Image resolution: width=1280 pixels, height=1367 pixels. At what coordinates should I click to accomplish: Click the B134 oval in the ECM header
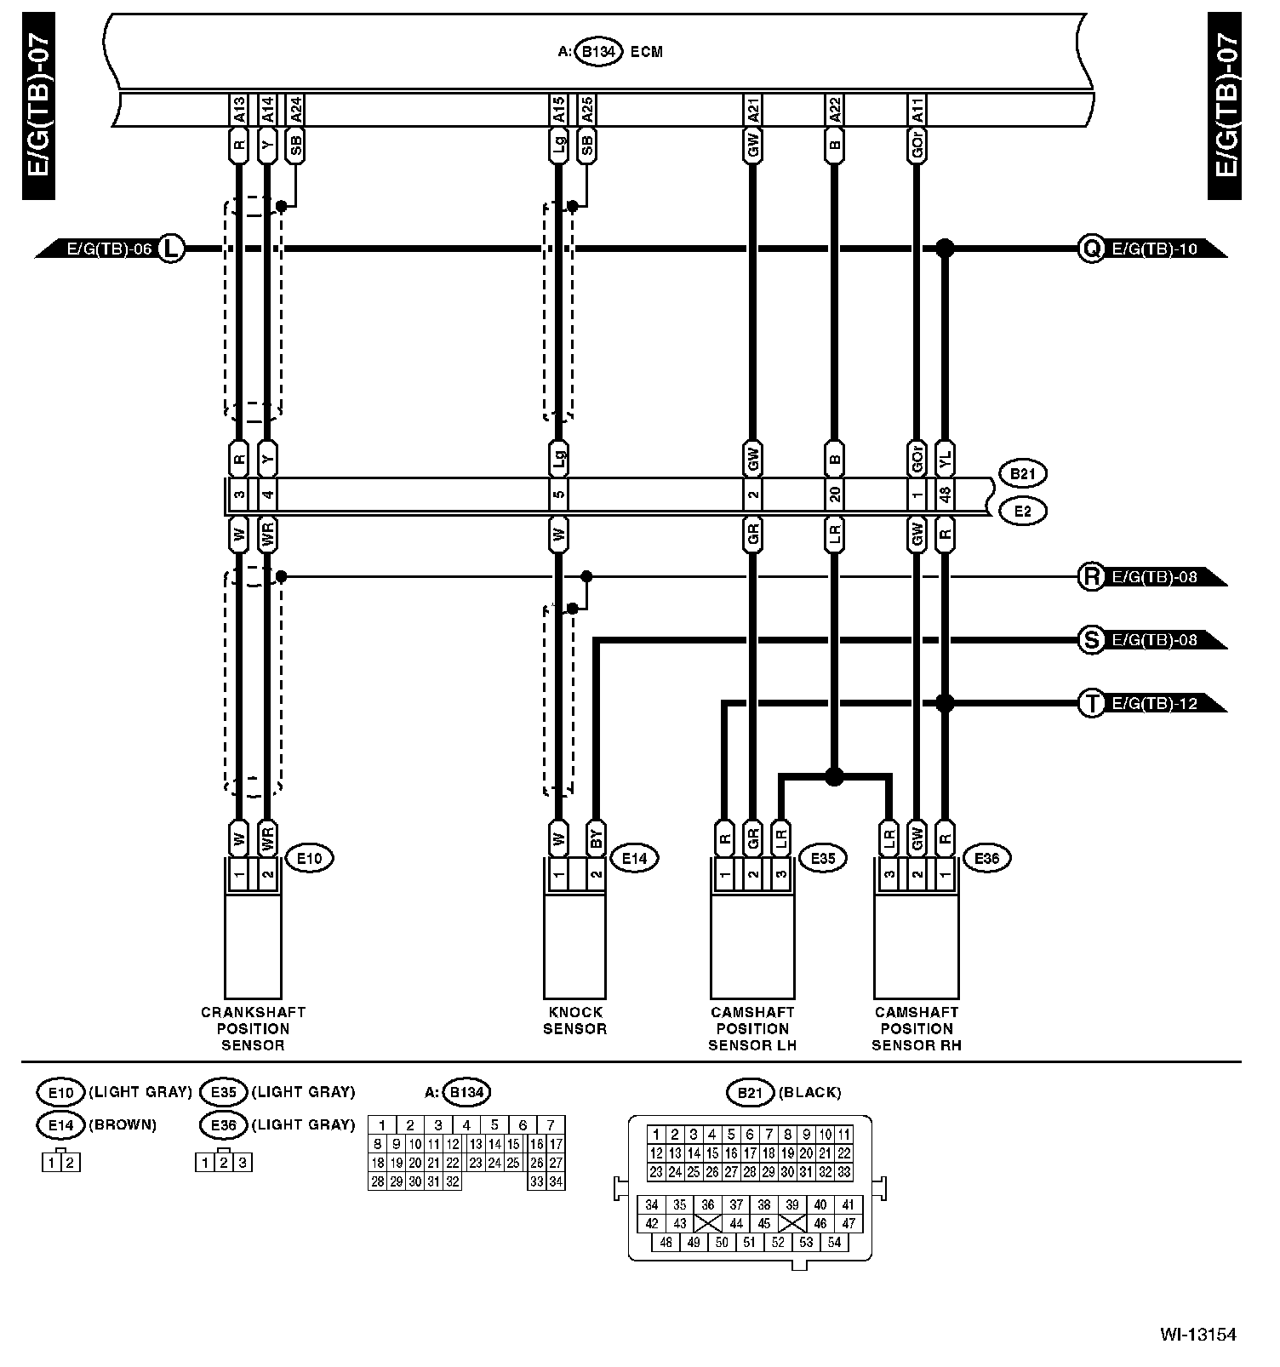[598, 52]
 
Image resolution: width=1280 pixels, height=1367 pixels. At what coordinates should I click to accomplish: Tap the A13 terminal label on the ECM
[239, 109]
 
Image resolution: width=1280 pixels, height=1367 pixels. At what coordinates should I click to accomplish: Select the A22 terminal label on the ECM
[834, 109]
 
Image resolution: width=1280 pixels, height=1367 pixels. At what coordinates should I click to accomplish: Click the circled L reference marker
[171, 249]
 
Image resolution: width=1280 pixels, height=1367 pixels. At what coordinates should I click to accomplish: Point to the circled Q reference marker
[1091, 249]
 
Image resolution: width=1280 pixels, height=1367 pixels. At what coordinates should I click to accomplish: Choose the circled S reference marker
[1091, 640]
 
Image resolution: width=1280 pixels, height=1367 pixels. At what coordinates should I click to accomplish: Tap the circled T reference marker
[1091, 704]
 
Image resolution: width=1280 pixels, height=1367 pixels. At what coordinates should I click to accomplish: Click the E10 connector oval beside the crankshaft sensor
[309, 859]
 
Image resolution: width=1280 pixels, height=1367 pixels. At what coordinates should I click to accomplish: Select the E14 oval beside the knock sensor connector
[635, 859]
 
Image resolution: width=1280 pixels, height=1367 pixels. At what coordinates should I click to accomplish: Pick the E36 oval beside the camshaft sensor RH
[986, 859]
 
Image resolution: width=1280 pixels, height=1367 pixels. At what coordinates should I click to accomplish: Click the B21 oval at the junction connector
[1023, 473]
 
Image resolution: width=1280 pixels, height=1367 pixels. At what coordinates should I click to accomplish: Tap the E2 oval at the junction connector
[1023, 512]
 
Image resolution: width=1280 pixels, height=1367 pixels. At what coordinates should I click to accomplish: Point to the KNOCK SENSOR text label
[574, 1021]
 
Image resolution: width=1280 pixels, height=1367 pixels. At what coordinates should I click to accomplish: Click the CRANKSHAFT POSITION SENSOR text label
[253, 1028]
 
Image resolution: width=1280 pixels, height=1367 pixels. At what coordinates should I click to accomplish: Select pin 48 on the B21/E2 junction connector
[945, 495]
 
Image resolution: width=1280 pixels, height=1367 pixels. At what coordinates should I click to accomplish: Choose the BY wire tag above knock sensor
[596, 838]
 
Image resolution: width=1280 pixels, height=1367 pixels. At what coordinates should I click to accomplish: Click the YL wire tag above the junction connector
[945, 460]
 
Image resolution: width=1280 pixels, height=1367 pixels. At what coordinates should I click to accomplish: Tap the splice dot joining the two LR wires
[834, 776]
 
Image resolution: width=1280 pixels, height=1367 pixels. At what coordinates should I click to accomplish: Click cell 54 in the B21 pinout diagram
[834, 1242]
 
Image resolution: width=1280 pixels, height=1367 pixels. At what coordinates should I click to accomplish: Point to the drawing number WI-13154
[1197, 1334]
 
